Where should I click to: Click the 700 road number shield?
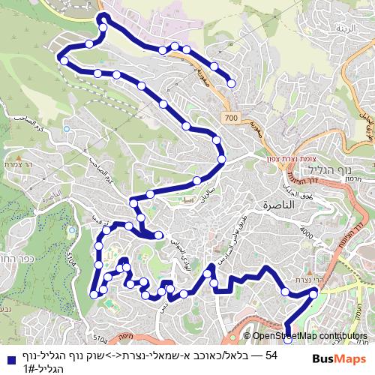tap(230, 118)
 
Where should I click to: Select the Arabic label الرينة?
tap(346, 28)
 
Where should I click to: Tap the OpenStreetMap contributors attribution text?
tap(309, 336)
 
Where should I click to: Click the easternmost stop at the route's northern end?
tap(231, 83)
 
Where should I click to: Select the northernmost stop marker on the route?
tap(103, 17)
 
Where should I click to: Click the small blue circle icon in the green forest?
tap(66, 129)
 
